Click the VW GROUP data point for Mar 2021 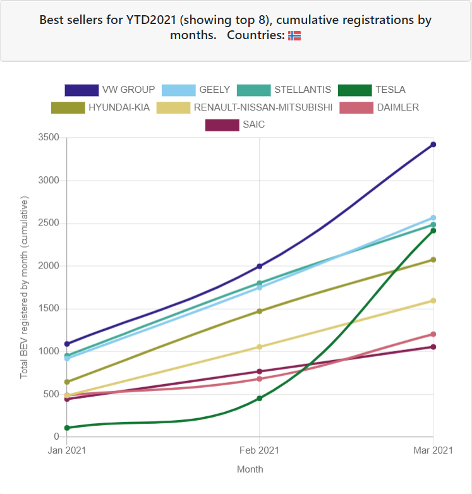coord(433,145)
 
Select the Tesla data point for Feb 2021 coord(259,399)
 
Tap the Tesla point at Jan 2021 coord(67,428)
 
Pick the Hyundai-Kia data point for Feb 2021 coord(259,311)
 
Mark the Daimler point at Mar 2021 coord(433,334)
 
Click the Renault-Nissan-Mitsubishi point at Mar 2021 coord(433,301)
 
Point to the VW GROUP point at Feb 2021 coord(259,266)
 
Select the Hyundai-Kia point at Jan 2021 coord(67,382)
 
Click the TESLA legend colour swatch coord(354,90)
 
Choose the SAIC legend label coord(253,125)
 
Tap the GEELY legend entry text coord(214,90)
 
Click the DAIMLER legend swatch coord(356,107)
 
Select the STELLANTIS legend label coord(302,90)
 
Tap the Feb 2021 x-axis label coord(259,450)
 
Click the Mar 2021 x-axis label coord(433,450)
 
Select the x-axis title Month coord(250,469)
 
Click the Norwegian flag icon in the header coord(294,36)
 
